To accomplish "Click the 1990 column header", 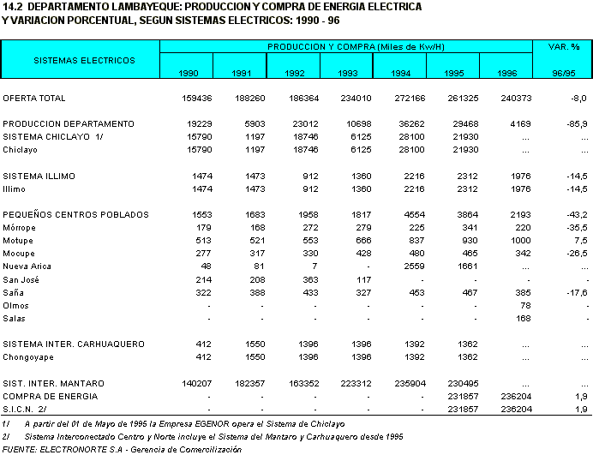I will pos(189,74).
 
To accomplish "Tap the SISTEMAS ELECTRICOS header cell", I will pos(84,61).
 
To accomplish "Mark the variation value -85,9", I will pos(576,124).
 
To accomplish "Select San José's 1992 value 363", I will pos(297,279).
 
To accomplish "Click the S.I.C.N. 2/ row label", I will pos(26,409).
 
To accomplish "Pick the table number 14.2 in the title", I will pos(13,6).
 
